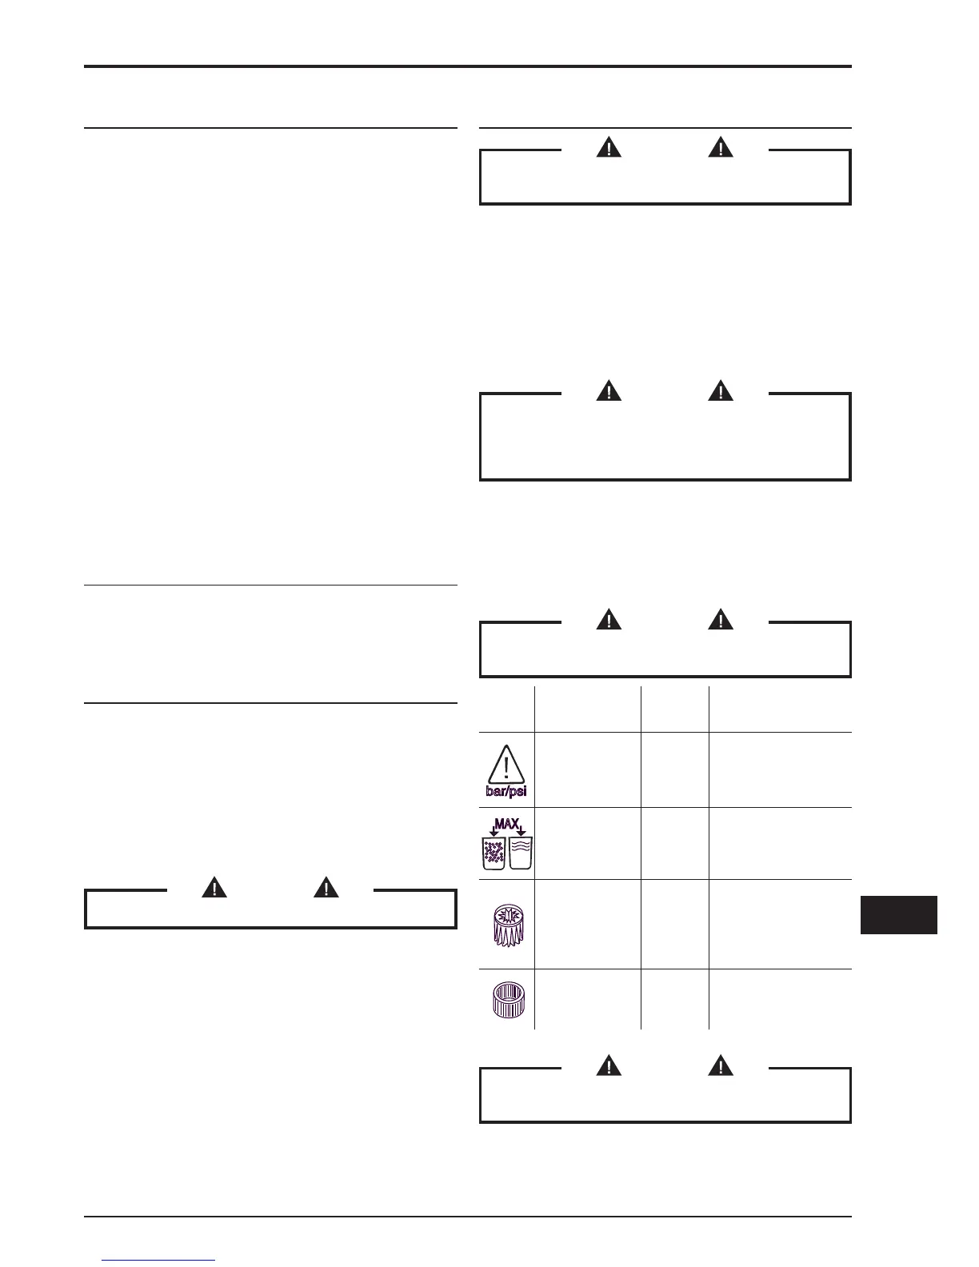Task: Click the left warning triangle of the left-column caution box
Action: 214,888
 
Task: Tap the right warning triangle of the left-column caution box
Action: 325,888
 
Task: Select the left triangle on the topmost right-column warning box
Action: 609,148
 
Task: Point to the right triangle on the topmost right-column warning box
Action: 721,148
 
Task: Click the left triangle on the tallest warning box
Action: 609,391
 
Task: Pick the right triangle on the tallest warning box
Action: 721,391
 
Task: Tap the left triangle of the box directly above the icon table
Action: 609,620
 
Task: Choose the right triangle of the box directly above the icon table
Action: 721,620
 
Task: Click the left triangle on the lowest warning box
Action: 609,1066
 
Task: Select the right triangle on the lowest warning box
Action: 721,1066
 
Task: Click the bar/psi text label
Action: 506,792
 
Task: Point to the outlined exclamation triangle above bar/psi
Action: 506,764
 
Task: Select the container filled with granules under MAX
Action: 493,853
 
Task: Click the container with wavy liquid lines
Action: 521,853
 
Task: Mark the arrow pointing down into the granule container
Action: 493,831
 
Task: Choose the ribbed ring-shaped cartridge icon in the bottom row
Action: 506,1000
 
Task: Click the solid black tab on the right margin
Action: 898,915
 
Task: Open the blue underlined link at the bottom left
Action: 159,1261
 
